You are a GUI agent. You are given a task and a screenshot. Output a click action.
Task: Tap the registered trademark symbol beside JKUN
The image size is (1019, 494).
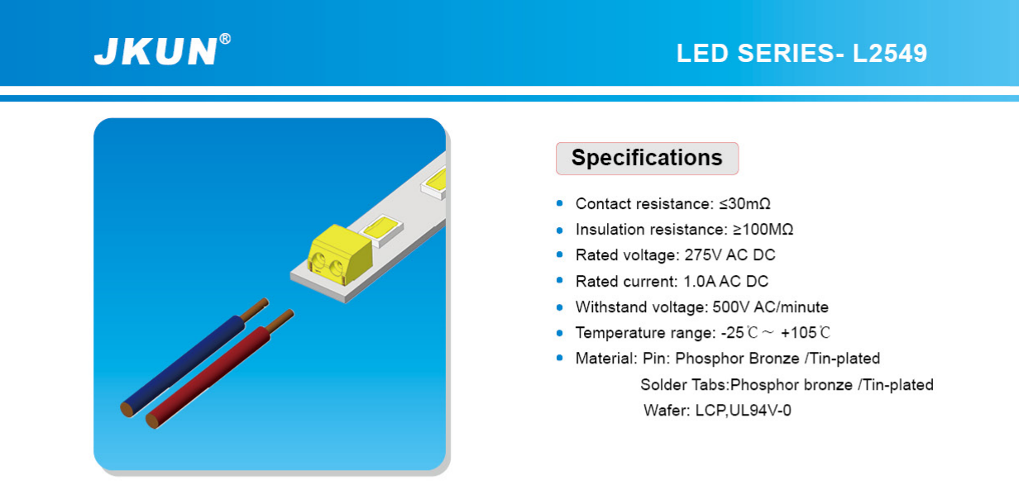(225, 39)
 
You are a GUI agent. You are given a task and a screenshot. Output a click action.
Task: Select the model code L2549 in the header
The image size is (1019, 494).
(889, 53)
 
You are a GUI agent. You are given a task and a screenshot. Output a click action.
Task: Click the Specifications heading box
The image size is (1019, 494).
(647, 158)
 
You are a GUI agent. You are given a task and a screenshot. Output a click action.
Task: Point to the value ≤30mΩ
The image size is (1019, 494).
(744, 204)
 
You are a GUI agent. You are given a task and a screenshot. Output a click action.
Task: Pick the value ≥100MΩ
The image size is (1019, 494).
(763, 230)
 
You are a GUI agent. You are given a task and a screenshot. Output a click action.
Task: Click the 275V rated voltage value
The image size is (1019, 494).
(703, 255)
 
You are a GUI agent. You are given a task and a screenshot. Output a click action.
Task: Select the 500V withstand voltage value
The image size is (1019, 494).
(730, 307)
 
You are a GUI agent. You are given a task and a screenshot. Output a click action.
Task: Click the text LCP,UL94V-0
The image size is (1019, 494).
(744, 411)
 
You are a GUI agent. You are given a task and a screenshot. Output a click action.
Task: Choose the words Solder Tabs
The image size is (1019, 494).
(683, 385)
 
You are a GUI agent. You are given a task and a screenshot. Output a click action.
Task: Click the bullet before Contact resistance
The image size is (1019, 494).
(559, 203)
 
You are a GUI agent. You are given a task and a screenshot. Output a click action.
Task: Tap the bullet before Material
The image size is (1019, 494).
(559, 359)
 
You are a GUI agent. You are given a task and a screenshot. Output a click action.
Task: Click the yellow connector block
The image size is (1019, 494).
(339, 255)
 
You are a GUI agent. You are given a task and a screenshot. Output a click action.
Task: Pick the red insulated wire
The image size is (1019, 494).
(210, 377)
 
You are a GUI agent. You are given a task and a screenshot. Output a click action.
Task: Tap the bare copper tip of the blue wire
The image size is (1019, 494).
(255, 310)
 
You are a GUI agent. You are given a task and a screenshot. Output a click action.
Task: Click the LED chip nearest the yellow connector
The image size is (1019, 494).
(381, 229)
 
